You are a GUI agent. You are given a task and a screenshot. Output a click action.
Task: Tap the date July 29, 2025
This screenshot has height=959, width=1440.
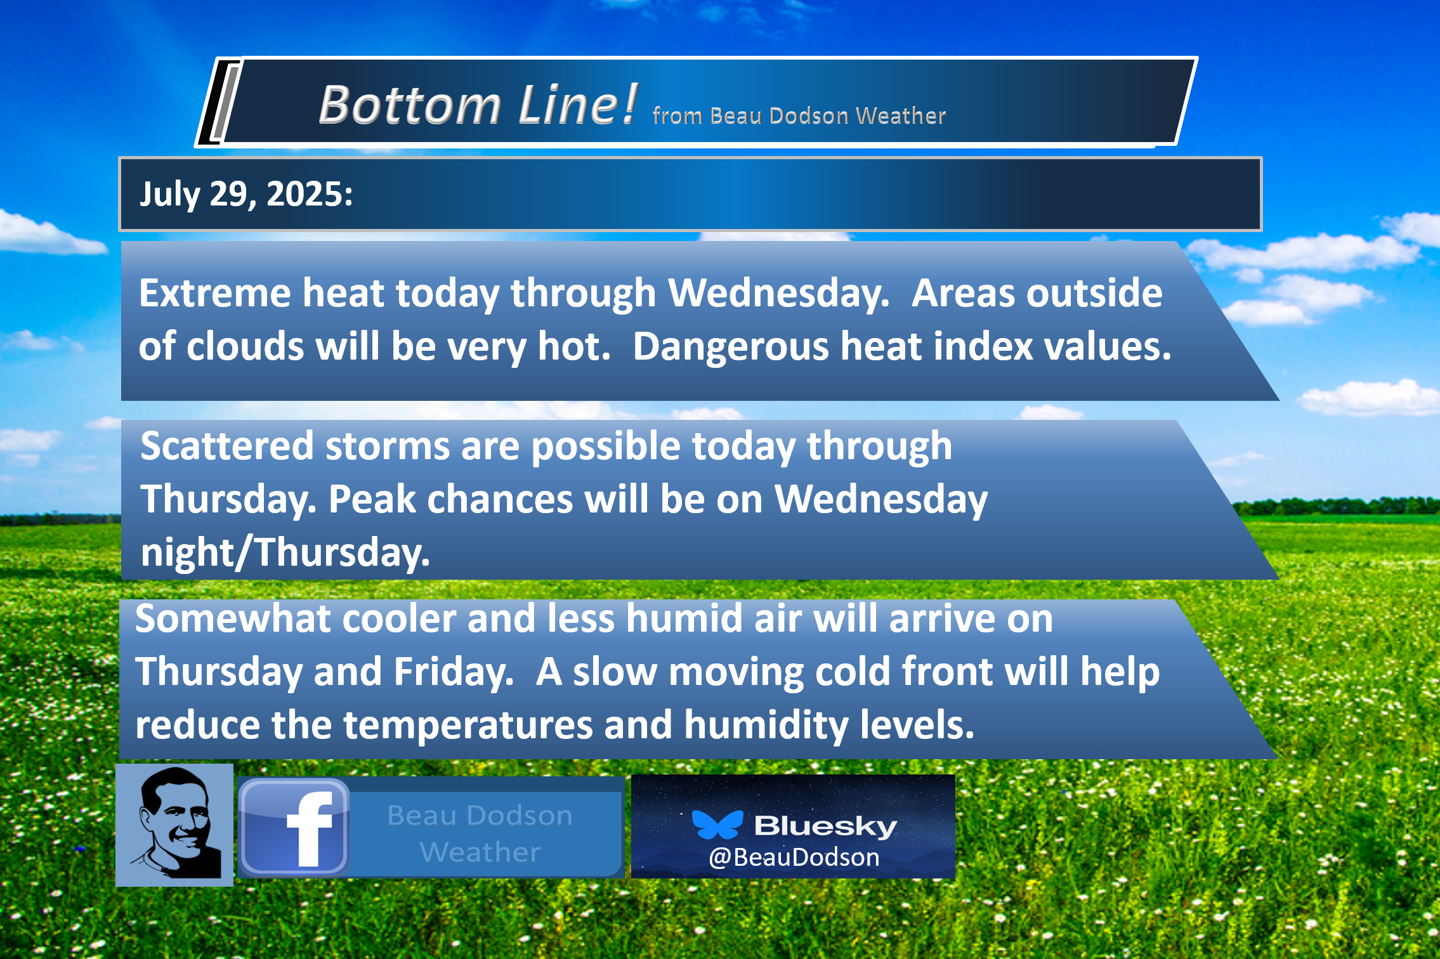point(246,193)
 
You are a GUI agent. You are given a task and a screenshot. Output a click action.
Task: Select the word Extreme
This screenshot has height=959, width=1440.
point(214,293)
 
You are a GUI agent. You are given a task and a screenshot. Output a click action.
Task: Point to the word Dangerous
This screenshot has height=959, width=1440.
point(731,348)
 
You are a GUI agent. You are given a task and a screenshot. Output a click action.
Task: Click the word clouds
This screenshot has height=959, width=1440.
point(245,346)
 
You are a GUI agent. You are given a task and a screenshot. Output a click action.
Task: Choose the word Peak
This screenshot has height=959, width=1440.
point(372,499)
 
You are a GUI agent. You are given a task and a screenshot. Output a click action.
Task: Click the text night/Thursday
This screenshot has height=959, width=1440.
point(285,552)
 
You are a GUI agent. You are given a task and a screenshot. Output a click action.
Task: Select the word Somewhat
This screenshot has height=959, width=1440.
point(233,618)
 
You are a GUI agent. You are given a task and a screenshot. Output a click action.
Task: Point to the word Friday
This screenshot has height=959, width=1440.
point(454,672)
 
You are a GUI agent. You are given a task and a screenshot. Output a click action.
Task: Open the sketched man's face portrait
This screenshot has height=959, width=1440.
point(174,825)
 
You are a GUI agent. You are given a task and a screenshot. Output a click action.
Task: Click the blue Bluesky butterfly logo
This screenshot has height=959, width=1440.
point(717,825)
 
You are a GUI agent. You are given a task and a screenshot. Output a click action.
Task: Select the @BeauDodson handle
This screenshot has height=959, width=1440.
point(794,858)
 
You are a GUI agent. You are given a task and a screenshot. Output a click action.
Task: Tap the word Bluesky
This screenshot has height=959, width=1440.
point(825,826)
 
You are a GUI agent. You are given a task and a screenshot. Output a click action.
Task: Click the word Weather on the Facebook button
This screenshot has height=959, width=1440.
point(480,852)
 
